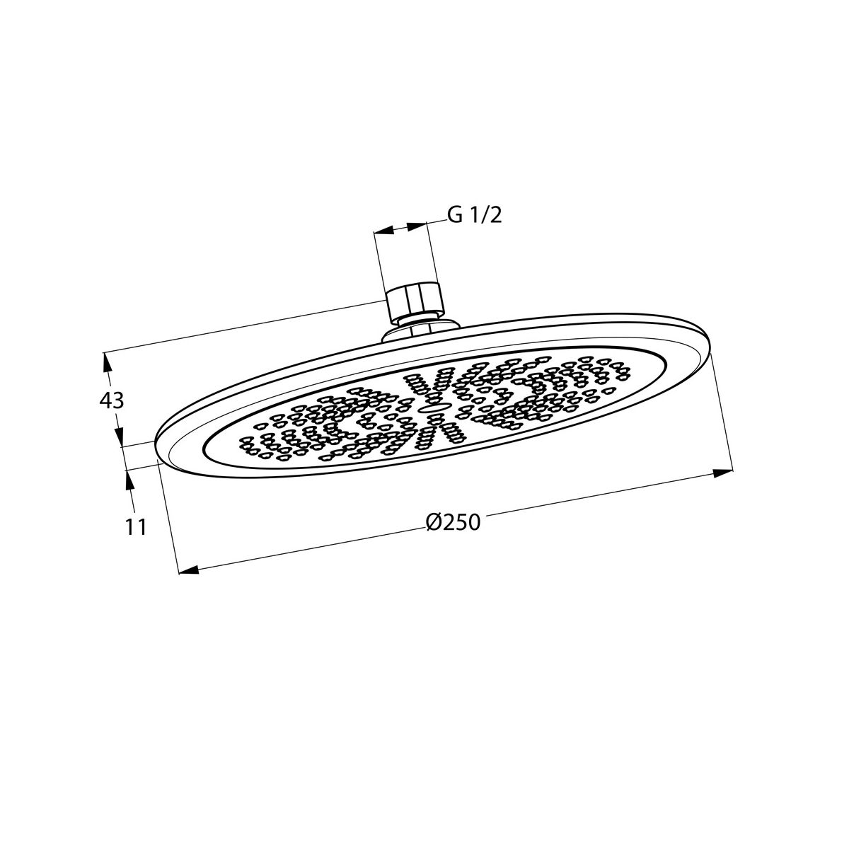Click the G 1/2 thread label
pyautogui.click(x=475, y=216)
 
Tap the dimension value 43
pyautogui.click(x=112, y=400)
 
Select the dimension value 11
pyautogui.click(x=136, y=527)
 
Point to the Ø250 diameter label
pyautogui.click(x=454, y=523)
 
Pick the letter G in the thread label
pyautogui.click(x=455, y=216)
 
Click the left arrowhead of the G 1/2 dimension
pyautogui.click(x=383, y=231)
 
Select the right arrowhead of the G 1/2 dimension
pyautogui.click(x=417, y=226)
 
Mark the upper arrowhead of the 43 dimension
pyautogui.click(x=106, y=363)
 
